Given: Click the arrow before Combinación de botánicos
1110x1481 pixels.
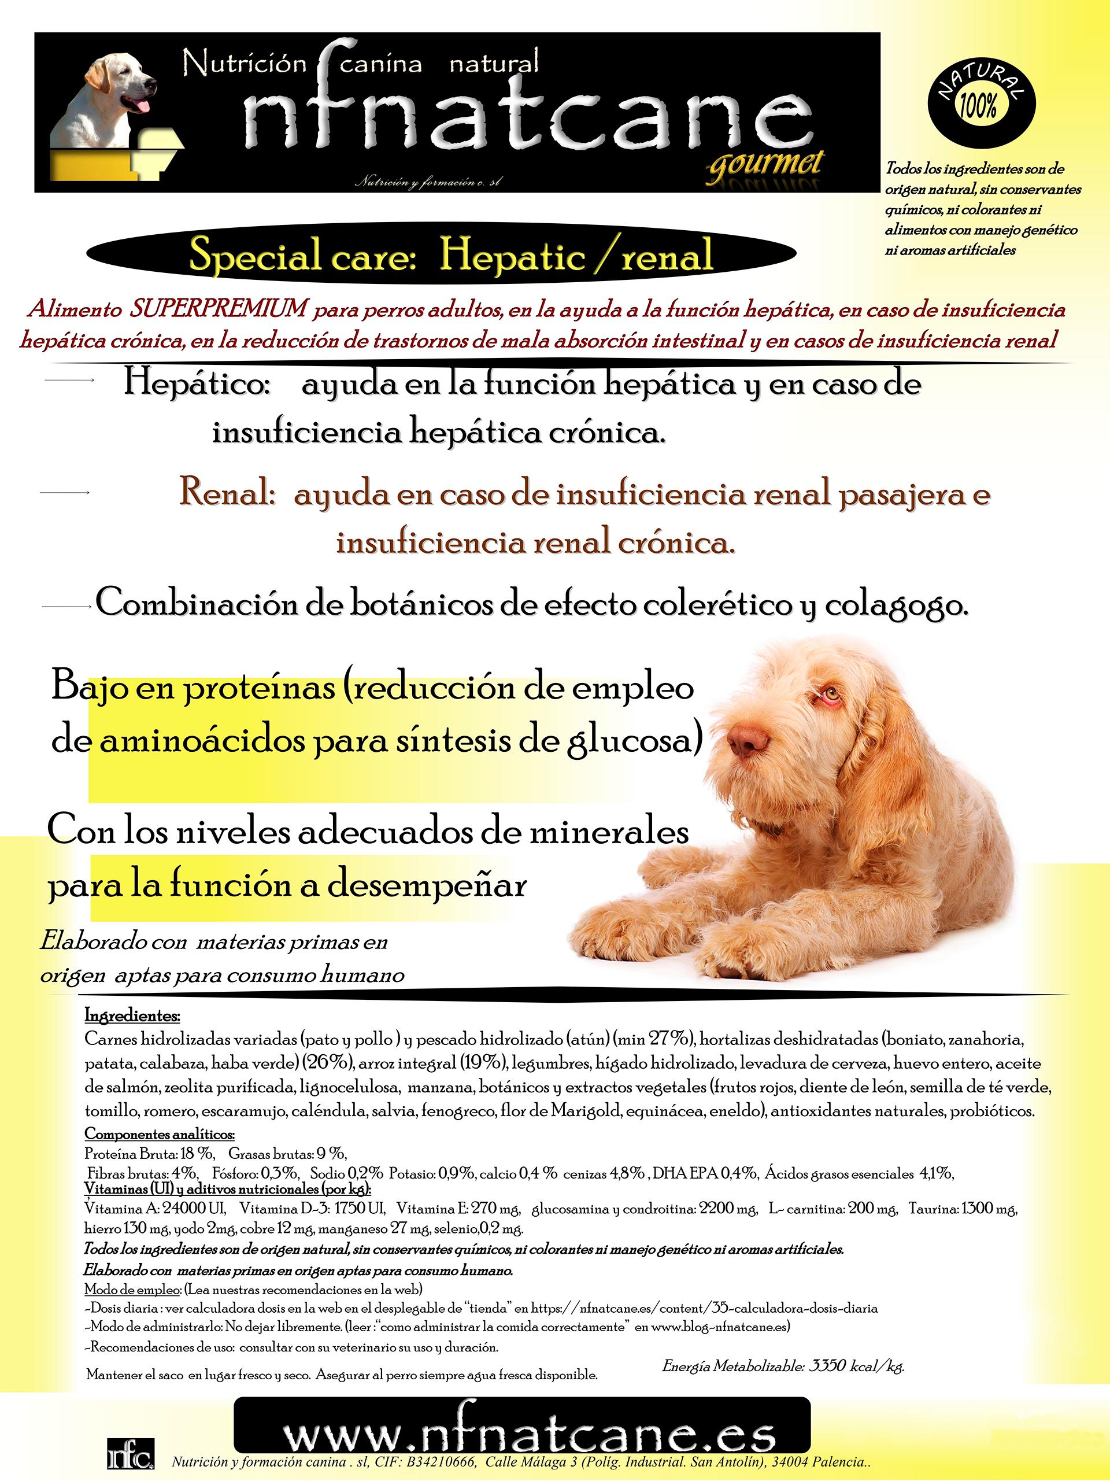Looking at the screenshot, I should pyautogui.click(x=65, y=607).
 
